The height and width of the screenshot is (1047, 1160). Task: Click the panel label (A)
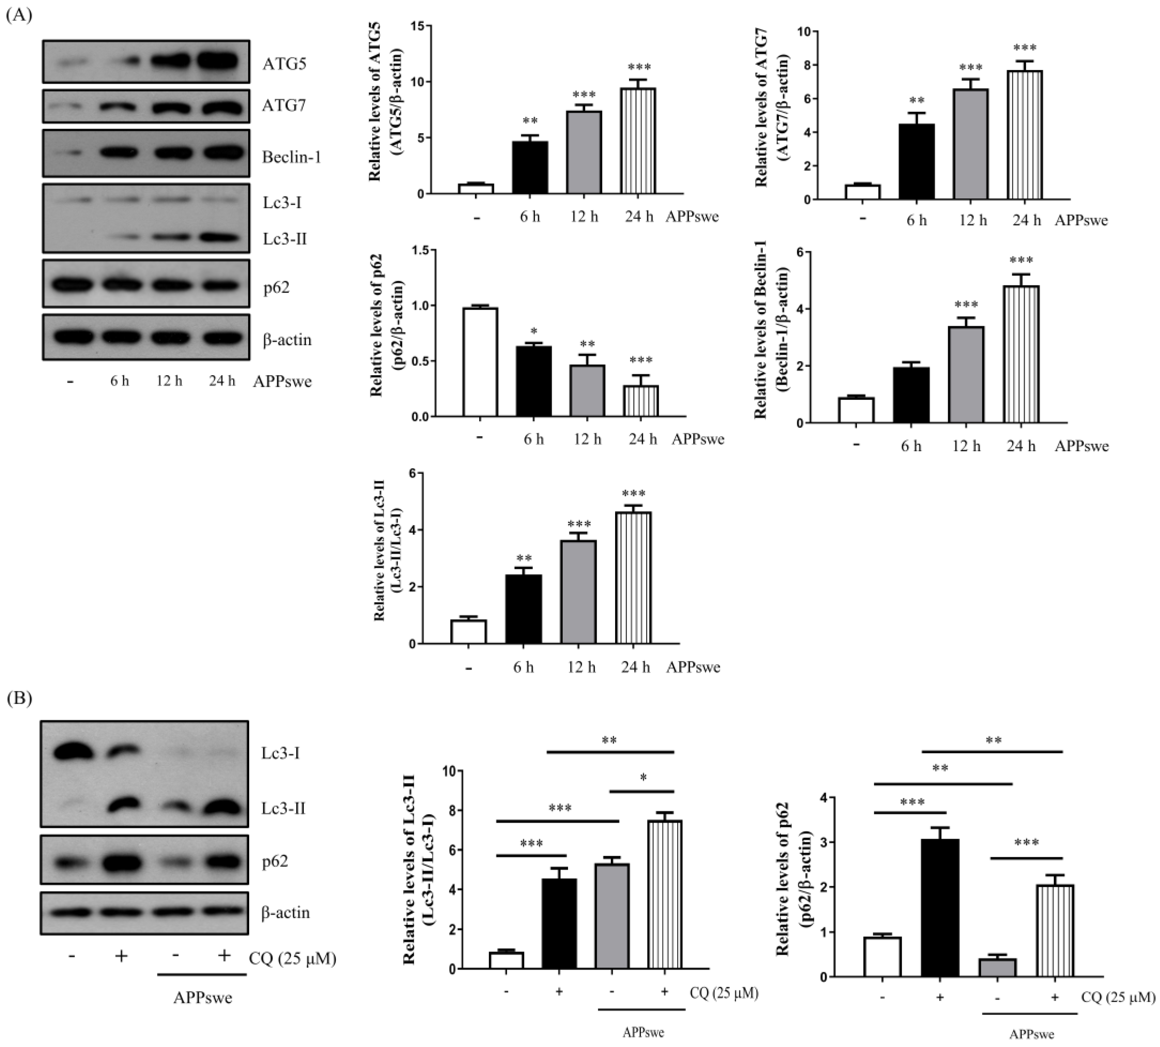pos(19,15)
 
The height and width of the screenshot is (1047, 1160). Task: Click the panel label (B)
pos(19,698)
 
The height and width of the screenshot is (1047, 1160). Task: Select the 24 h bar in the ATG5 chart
pos(640,141)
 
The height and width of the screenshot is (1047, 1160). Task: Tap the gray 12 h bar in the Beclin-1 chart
pos(966,375)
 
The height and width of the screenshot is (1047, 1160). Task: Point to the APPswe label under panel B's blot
pos(203,997)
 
